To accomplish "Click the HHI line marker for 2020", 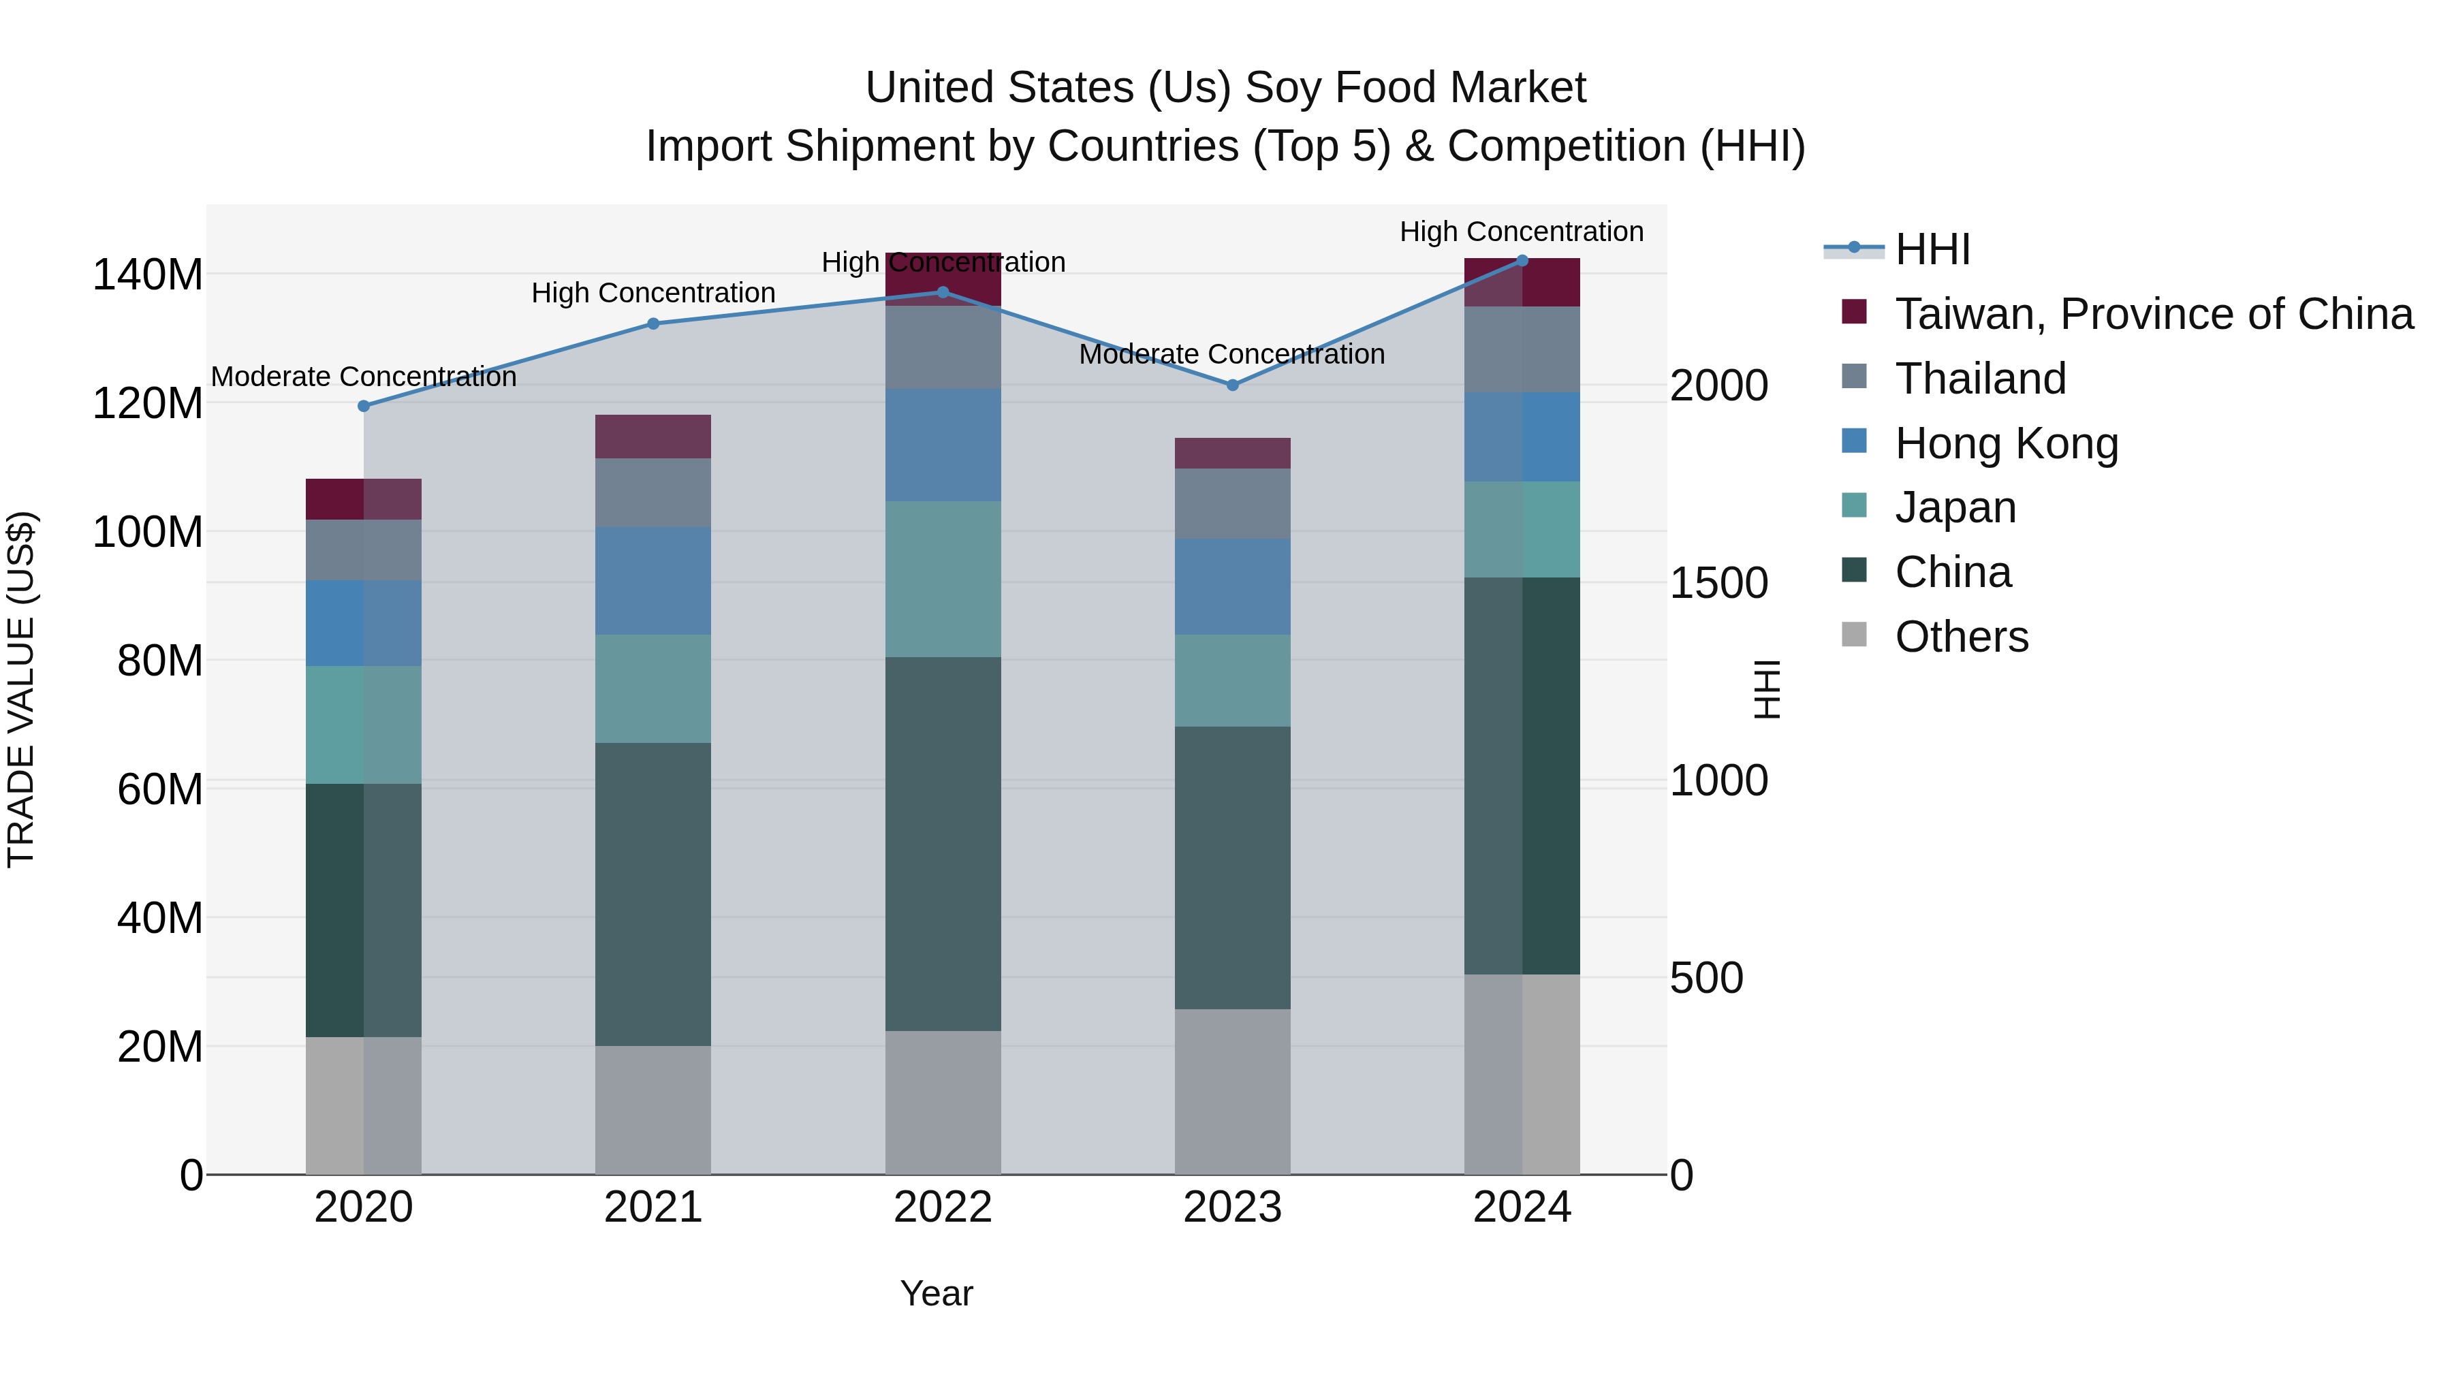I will coord(364,407).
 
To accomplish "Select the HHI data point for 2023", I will coord(1233,385).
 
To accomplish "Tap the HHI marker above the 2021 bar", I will coord(653,323).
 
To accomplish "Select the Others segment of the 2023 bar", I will coord(1233,1092).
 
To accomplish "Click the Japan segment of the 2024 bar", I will coord(1522,529).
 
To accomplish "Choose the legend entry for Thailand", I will coord(1981,379).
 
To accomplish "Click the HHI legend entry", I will coord(1932,249).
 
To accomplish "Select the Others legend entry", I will coord(1961,637).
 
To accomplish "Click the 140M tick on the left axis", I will coord(148,275).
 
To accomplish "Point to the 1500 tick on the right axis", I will coord(1719,584).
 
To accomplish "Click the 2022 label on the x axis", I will coord(943,1207).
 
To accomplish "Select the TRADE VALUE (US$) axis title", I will coord(21,689).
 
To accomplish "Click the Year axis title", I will coord(937,1293).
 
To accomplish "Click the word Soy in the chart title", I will coord(1282,88).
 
